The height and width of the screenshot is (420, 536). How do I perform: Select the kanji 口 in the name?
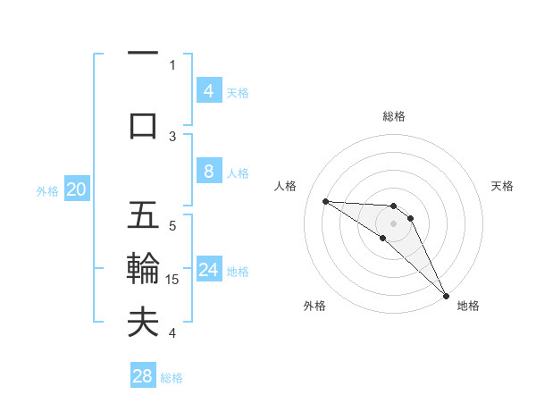[x=143, y=126]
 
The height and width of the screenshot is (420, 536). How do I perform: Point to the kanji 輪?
[x=143, y=270]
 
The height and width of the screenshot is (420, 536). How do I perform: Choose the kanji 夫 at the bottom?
[x=143, y=323]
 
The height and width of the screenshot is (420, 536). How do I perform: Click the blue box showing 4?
[x=208, y=91]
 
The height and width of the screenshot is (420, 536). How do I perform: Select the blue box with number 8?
[x=208, y=172]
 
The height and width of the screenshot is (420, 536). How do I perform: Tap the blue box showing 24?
[x=208, y=271]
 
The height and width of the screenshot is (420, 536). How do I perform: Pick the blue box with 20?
[x=77, y=189]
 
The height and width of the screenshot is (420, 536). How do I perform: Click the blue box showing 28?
[x=143, y=376]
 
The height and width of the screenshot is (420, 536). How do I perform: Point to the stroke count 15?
[x=173, y=280]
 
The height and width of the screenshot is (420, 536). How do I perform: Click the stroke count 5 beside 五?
[x=172, y=225]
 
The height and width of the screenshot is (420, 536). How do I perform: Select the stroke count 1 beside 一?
[x=172, y=64]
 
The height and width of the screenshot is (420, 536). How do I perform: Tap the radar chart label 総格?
[x=394, y=116]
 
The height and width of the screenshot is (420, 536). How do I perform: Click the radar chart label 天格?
[x=503, y=186]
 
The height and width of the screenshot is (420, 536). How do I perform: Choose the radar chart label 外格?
[x=314, y=307]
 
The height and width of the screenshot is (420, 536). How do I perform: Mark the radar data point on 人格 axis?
[x=325, y=201]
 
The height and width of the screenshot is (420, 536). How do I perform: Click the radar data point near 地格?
[x=445, y=296]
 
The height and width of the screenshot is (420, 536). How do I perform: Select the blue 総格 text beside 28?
[x=172, y=378]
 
